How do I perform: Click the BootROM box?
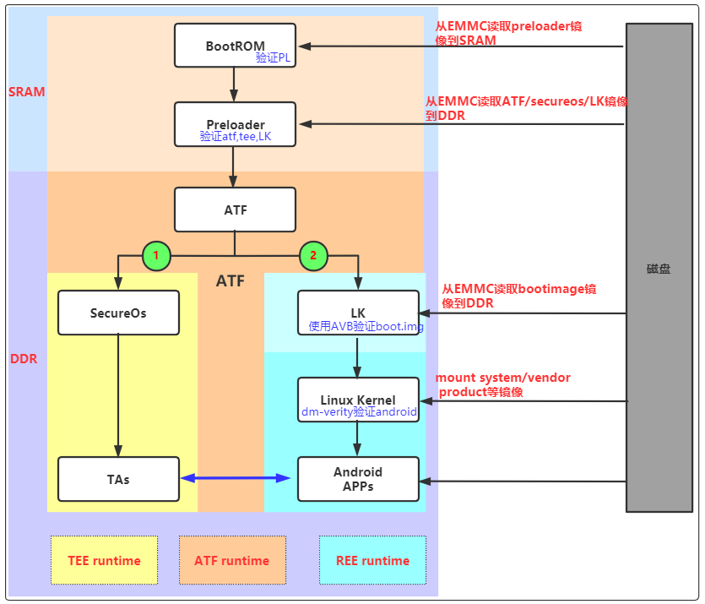235,46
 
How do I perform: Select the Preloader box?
235,124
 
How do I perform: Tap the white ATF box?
235,209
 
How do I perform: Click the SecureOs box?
118,313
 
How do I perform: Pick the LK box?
358,313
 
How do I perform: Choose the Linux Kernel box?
358,400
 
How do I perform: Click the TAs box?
118,479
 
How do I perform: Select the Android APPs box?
358,479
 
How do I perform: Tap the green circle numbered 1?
155,255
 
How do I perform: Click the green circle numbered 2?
313,255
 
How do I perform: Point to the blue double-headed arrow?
236,479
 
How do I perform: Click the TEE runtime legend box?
104,560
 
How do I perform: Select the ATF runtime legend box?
232,560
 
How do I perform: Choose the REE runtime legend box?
372,560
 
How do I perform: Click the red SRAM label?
26,92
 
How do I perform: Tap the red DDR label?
23,359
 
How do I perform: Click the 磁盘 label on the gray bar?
659,269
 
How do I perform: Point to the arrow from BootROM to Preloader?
235,84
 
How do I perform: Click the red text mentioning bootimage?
518,296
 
